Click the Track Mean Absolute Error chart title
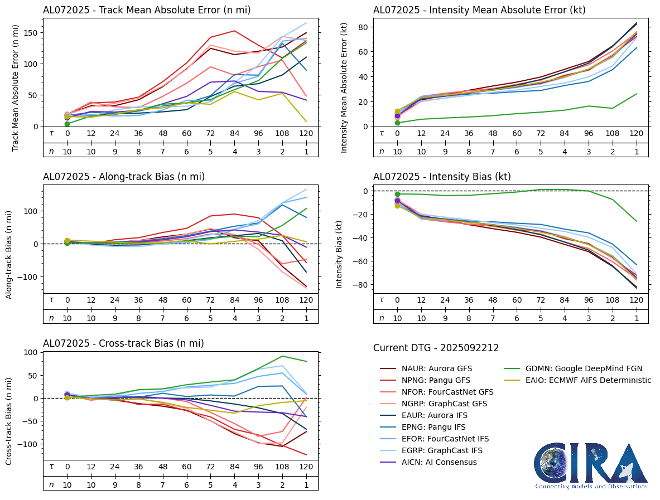tap(147, 9)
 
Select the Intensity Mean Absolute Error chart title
tap(479, 9)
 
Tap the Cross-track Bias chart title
tap(123, 343)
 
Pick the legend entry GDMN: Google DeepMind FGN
tap(584, 368)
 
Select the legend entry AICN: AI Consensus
tap(433, 462)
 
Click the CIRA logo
tap(591, 465)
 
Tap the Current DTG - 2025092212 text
tap(436, 348)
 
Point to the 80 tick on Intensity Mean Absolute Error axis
tap(362, 27)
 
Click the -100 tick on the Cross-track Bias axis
tap(27, 444)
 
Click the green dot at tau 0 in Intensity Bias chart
tap(397, 194)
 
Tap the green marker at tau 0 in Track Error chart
tap(67, 124)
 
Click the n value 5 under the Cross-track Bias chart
tap(210, 484)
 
